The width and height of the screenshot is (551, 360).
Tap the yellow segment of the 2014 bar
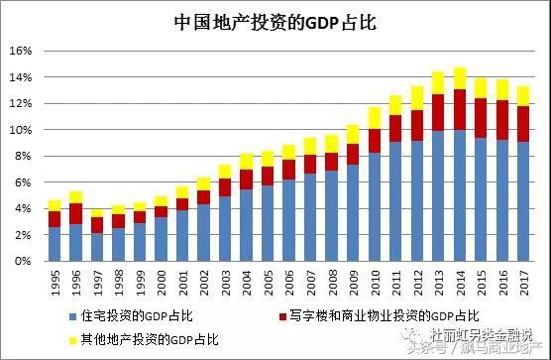[x=460, y=78]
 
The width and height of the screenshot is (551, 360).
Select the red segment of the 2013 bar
[x=438, y=112]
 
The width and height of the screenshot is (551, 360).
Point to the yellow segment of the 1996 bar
[x=75, y=196]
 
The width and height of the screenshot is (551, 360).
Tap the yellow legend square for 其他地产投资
[x=73, y=339]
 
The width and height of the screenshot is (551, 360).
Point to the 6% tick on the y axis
[x=25, y=183]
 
